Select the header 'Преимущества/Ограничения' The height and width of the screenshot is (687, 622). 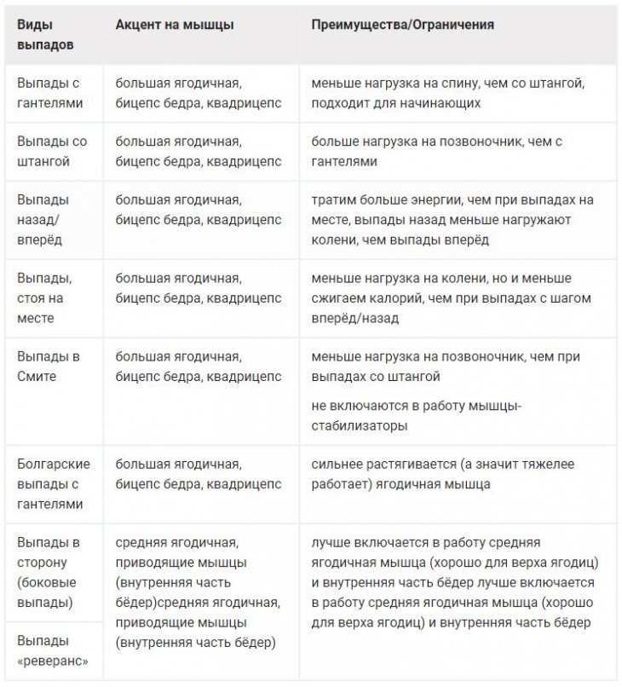point(402,25)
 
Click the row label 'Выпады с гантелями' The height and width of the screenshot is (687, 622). point(50,92)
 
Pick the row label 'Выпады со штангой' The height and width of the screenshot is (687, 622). point(52,151)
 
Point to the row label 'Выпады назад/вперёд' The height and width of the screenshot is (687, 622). point(44,220)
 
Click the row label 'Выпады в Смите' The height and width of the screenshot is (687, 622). point(49,367)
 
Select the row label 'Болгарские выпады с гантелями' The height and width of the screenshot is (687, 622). point(53,483)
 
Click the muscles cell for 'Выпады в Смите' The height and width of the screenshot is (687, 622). point(198,367)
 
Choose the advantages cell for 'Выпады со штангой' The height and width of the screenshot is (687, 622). point(452,151)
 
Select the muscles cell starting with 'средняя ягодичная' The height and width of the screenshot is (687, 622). point(198,592)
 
